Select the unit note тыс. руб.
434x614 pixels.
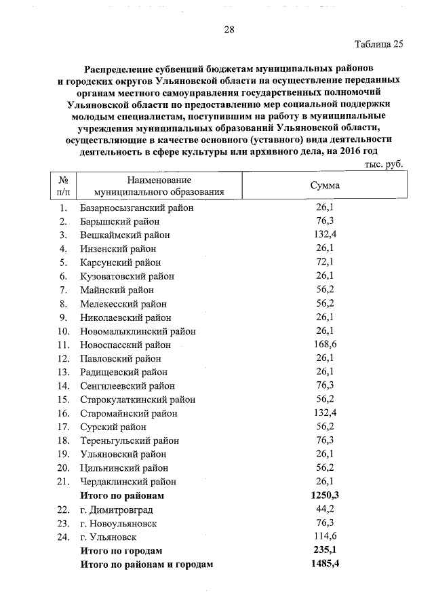[383, 164]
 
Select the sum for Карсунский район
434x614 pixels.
[324, 263]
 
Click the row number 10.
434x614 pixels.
[64, 331]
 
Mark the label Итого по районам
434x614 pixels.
[122, 496]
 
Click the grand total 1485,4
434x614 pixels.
[324, 564]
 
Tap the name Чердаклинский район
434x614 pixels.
[127, 482]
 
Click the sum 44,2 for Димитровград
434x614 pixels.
[324, 510]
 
